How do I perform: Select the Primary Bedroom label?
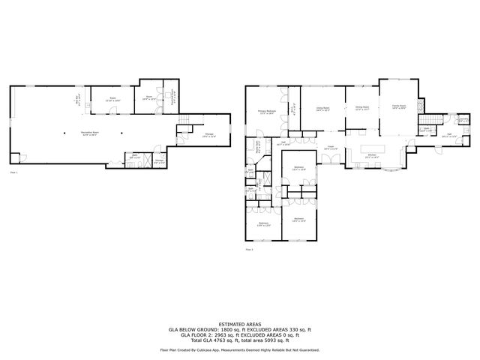pyautogui.click(x=267, y=112)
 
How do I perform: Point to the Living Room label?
pyautogui.click(x=322, y=109)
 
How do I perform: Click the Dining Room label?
pyautogui.click(x=362, y=109)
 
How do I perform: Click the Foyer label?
pyautogui.click(x=331, y=148)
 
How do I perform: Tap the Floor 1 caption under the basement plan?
pyautogui.click(x=13, y=172)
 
